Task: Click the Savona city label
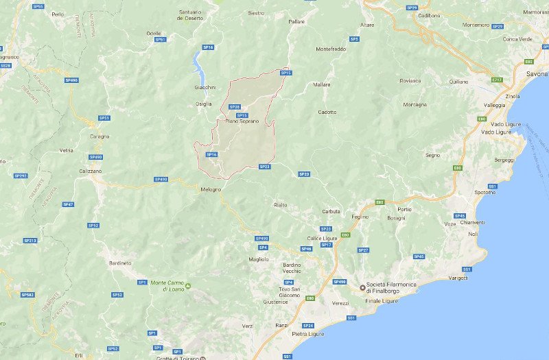point(537,73)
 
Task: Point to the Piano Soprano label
point(242,121)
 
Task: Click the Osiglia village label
point(204,104)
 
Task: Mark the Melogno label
point(211,189)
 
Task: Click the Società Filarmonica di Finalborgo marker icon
point(362,287)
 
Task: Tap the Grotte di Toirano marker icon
point(202,358)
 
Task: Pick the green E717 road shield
point(497,80)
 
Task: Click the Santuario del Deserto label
point(190,15)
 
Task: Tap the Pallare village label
point(296,22)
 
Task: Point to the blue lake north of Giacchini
point(199,66)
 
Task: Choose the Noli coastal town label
point(473,234)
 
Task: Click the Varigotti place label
point(458,278)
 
